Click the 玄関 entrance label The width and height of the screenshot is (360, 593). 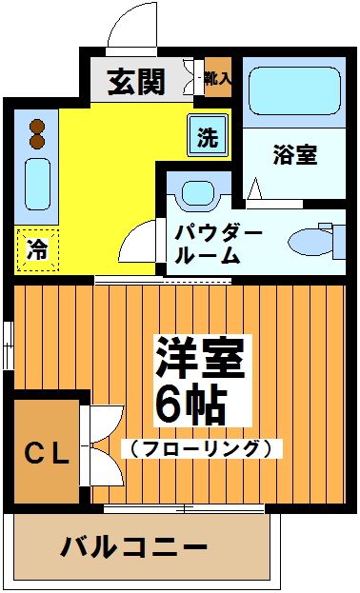coord(135,83)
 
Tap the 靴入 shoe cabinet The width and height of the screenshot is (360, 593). coord(218,78)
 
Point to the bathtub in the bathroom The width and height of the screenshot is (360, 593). coord(293,92)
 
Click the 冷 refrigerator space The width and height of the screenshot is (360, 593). coord(37,250)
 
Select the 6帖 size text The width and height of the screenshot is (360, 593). coord(190,405)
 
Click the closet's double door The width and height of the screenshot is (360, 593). coord(100,447)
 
